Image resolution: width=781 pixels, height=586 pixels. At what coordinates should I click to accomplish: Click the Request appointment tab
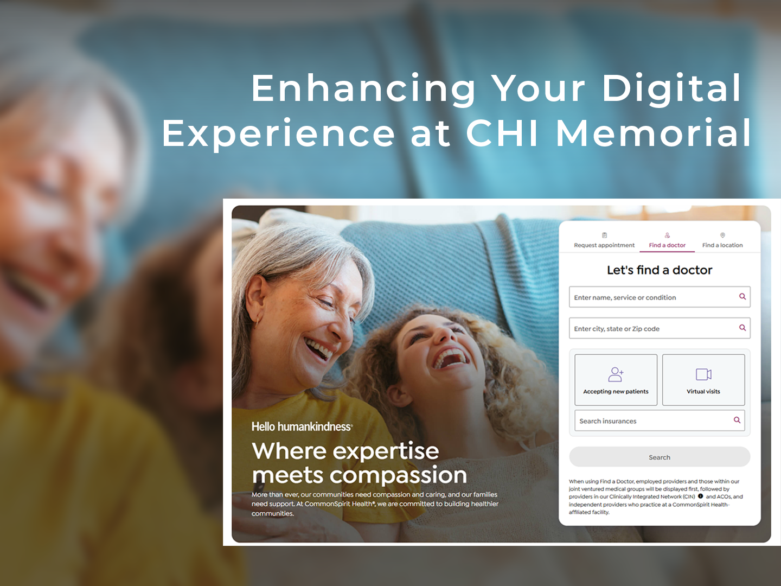pos(604,240)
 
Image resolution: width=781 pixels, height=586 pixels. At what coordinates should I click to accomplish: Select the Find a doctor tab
pos(667,240)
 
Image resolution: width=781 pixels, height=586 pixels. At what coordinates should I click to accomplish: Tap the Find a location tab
pos(722,240)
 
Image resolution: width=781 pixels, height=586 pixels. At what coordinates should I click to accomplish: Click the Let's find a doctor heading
pos(660,270)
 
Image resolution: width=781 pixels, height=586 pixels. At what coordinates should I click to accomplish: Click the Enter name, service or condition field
pos(660,297)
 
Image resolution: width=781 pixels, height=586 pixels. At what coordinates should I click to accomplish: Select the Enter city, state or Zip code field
pos(660,328)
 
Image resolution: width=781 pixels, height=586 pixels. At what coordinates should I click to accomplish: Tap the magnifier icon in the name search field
pos(742,296)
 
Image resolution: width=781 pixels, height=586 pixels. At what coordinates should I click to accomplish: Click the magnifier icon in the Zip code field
pos(742,328)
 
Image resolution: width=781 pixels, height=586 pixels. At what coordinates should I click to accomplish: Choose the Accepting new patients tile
pos(616,380)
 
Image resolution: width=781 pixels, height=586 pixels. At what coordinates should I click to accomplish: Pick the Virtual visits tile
pos(703,380)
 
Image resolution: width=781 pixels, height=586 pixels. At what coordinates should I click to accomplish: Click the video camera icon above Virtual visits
pos(703,374)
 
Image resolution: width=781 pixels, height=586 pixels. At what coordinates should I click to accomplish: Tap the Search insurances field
pos(660,421)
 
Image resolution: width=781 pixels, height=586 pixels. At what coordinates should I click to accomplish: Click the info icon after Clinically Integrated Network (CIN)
pos(700,496)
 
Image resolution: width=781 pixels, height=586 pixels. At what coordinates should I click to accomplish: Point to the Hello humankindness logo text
pos(302,426)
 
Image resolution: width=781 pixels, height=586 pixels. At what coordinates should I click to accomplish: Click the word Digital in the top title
pos(671,89)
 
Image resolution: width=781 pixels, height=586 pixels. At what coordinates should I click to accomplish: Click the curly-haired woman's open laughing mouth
pos(450,359)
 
